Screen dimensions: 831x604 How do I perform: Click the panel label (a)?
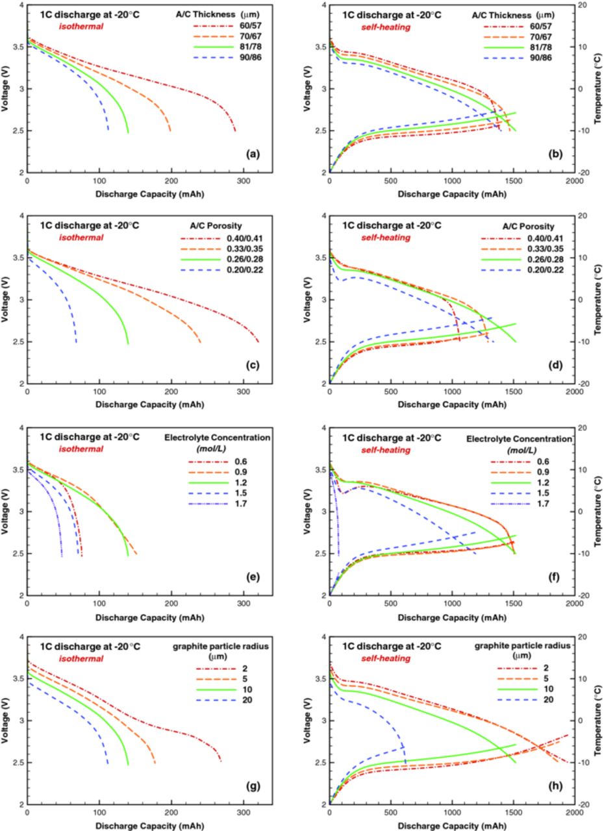tap(253, 154)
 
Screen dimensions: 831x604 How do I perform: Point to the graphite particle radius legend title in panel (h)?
tap(522, 646)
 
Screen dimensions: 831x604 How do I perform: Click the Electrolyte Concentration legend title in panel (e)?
tap(218, 438)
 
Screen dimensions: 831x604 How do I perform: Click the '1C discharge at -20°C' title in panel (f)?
tap(392, 438)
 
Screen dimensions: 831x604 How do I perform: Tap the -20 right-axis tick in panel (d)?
tap(584, 384)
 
